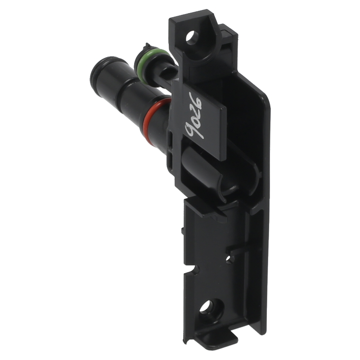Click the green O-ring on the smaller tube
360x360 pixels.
[140, 62]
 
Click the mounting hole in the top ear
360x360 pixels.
[193, 37]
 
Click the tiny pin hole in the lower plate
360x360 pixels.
[229, 259]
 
